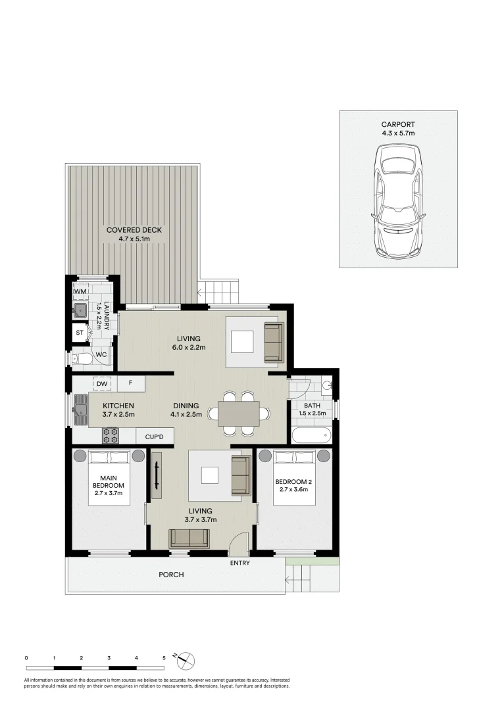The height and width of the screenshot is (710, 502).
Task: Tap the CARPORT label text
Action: (398, 124)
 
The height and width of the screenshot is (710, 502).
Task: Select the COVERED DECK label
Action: (134, 230)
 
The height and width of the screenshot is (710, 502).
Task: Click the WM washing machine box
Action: (80, 291)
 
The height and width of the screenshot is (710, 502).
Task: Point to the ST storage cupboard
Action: (80, 333)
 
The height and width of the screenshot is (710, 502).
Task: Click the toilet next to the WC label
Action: (82, 358)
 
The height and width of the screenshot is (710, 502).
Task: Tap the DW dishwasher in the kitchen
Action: (101, 383)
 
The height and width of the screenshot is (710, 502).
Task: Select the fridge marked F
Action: (131, 383)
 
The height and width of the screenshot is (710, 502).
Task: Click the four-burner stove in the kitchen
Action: (110, 435)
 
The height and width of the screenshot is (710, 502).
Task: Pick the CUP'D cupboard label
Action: (155, 436)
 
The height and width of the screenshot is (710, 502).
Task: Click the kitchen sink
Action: (81, 409)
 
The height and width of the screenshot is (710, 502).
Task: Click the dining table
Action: (239, 414)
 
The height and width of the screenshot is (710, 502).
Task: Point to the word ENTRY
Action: (239, 563)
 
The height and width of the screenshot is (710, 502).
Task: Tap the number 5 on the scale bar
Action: (164, 657)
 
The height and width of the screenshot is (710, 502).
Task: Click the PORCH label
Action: (171, 575)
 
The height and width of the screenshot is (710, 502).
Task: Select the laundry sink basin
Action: (80, 310)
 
